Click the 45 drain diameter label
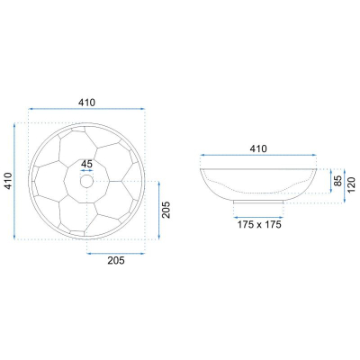(86, 164)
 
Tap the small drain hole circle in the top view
(86, 181)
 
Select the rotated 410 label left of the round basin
(9, 181)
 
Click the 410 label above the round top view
(86, 103)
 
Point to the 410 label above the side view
(258, 148)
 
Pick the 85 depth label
(338, 181)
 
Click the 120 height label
(352, 185)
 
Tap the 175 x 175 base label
(259, 224)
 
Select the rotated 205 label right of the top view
(166, 210)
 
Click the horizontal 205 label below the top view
(116, 261)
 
